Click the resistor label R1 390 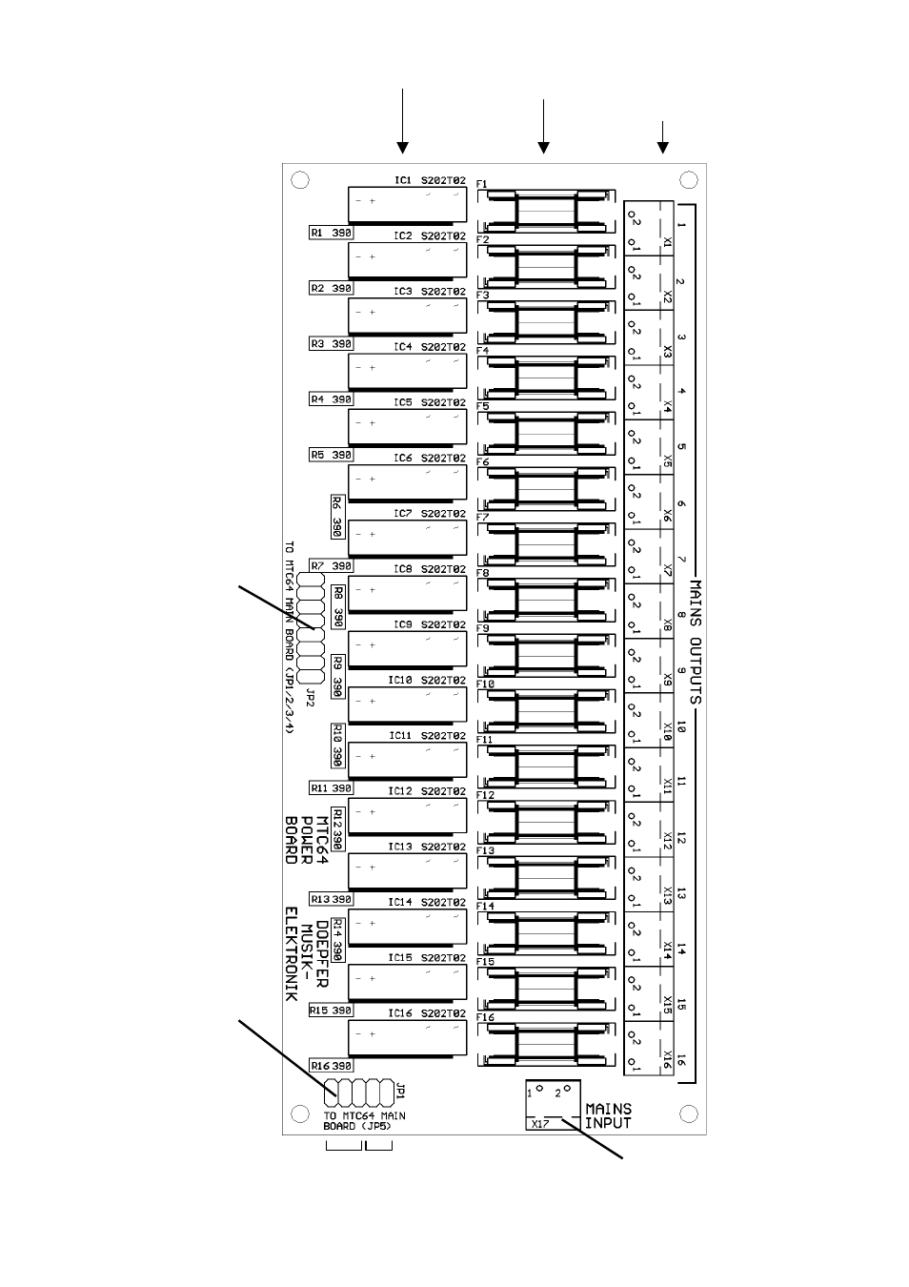point(331,233)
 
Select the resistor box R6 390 point(337,516)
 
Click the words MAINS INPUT point(608,1115)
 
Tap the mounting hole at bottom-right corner point(688,1113)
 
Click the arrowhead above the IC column point(403,148)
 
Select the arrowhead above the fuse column point(543,148)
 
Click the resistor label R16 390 point(331,1066)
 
